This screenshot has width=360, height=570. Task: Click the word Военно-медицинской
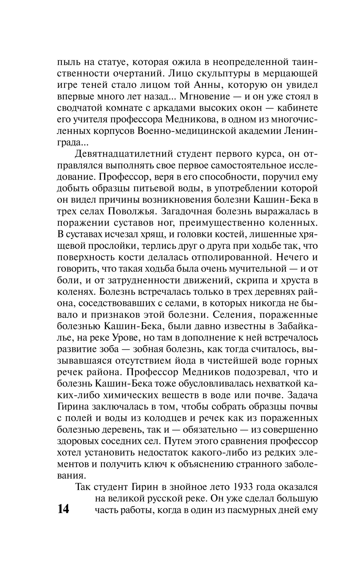click(x=177, y=131)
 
